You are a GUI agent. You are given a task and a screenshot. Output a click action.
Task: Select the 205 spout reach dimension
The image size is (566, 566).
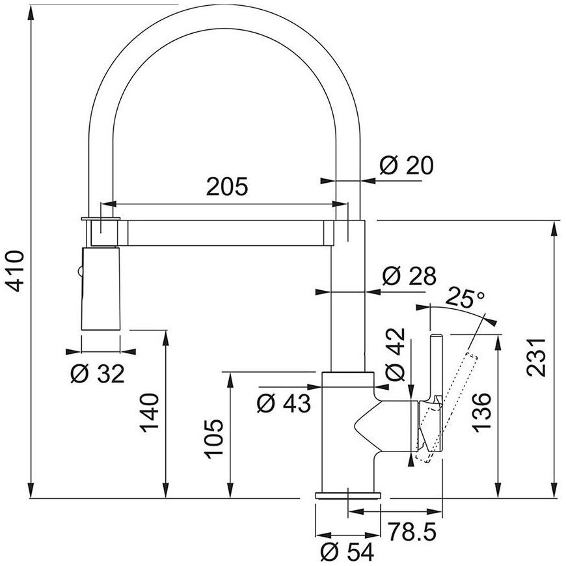coord(227,186)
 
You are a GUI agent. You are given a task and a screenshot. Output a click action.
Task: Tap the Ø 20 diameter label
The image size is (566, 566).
coord(407,166)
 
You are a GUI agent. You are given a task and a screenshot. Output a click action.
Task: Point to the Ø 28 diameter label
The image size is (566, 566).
coord(409,276)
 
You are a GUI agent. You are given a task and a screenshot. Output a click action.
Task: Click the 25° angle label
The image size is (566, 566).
coord(465,297)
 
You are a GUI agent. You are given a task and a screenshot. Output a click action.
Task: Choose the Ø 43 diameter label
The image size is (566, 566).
coord(284,403)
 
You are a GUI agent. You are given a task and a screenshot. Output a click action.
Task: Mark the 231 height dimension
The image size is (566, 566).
coord(535,357)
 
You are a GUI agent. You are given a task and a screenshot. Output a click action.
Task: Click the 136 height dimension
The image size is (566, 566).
coord(482,412)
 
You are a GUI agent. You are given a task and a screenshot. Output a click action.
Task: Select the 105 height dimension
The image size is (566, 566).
coord(215,438)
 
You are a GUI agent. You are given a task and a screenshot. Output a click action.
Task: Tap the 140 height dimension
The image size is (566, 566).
coord(150,413)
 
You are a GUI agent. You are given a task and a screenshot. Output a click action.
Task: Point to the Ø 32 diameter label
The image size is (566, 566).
coord(98,373)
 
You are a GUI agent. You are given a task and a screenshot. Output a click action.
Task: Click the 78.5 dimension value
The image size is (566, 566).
coord(412,532)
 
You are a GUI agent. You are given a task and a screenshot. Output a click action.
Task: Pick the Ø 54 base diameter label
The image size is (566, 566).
coord(347,552)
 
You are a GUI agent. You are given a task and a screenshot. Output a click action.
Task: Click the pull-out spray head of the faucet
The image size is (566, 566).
coord(101,288)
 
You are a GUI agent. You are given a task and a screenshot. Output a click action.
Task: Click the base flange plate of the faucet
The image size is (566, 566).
coord(348,495)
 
